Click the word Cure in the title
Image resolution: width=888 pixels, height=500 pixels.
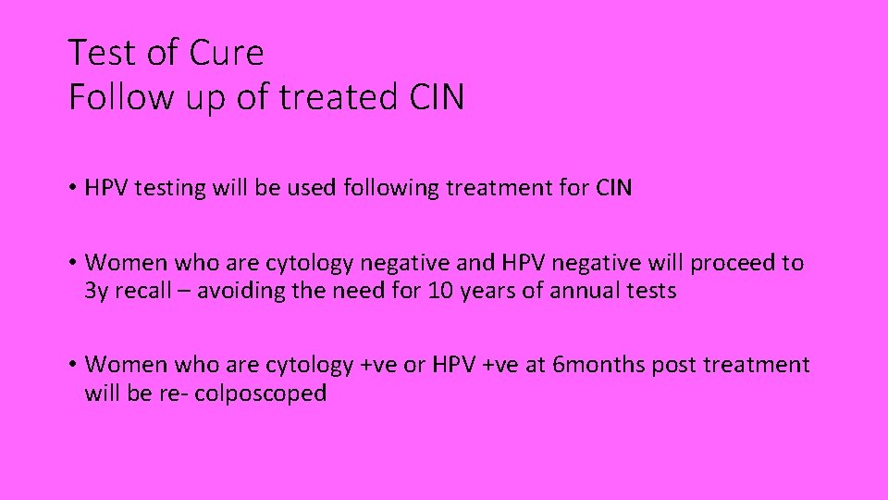[x=227, y=53]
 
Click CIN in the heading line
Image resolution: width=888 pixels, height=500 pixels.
[x=433, y=96]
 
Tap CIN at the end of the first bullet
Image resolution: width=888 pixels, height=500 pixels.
[x=613, y=188]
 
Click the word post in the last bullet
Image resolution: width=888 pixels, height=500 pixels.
[x=675, y=365]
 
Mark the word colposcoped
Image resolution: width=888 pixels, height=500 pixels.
[x=261, y=394]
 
